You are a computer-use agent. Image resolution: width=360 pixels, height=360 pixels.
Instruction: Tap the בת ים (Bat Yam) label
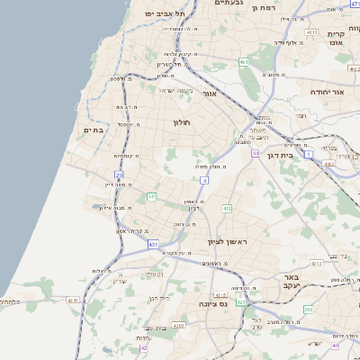point(95,130)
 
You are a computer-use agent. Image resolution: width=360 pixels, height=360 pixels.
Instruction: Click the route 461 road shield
point(244,62)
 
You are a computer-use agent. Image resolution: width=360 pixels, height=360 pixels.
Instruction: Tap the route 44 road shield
point(256,153)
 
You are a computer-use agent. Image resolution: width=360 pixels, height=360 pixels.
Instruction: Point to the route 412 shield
point(227,209)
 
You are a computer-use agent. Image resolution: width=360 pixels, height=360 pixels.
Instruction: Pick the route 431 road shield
point(153,243)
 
